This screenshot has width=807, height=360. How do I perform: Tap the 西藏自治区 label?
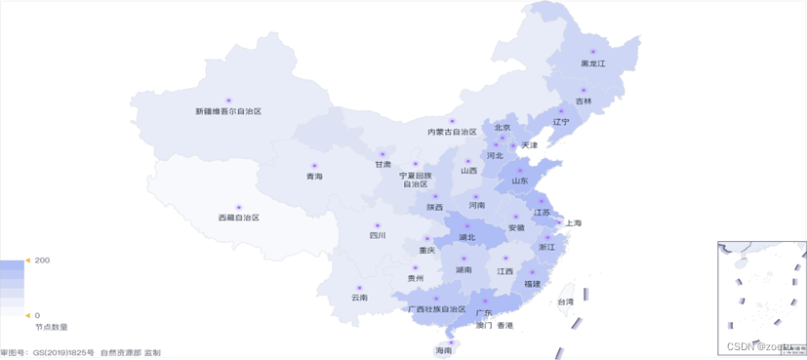(x=239, y=218)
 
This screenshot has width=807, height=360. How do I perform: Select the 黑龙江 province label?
(x=593, y=63)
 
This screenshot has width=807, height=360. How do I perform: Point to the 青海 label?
(x=313, y=177)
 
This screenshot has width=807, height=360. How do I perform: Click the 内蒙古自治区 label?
(x=452, y=132)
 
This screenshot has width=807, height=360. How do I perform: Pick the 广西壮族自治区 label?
(x=437, y=309)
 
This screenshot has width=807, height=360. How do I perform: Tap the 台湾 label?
(x=565, y=302)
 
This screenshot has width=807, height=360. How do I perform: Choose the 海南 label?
(x=444, y=350)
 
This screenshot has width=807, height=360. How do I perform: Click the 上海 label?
(x=573, y=223)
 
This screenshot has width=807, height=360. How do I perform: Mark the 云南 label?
(x=359, y=298)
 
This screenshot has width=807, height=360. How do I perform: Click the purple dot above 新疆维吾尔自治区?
(x=229, y=100)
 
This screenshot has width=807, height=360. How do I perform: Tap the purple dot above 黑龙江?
(x=592, y=52)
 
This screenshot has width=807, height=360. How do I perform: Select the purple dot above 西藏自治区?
(x=239, y=206)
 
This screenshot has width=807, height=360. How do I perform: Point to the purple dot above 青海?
(x=313, y=165)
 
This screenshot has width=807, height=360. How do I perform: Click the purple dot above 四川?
(x=377, y=225)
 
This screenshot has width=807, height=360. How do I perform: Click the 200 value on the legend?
(x=42, y=261)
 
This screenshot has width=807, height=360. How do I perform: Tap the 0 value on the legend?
(x=37, y=315)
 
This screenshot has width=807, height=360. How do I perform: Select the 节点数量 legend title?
(x=51, y=327)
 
